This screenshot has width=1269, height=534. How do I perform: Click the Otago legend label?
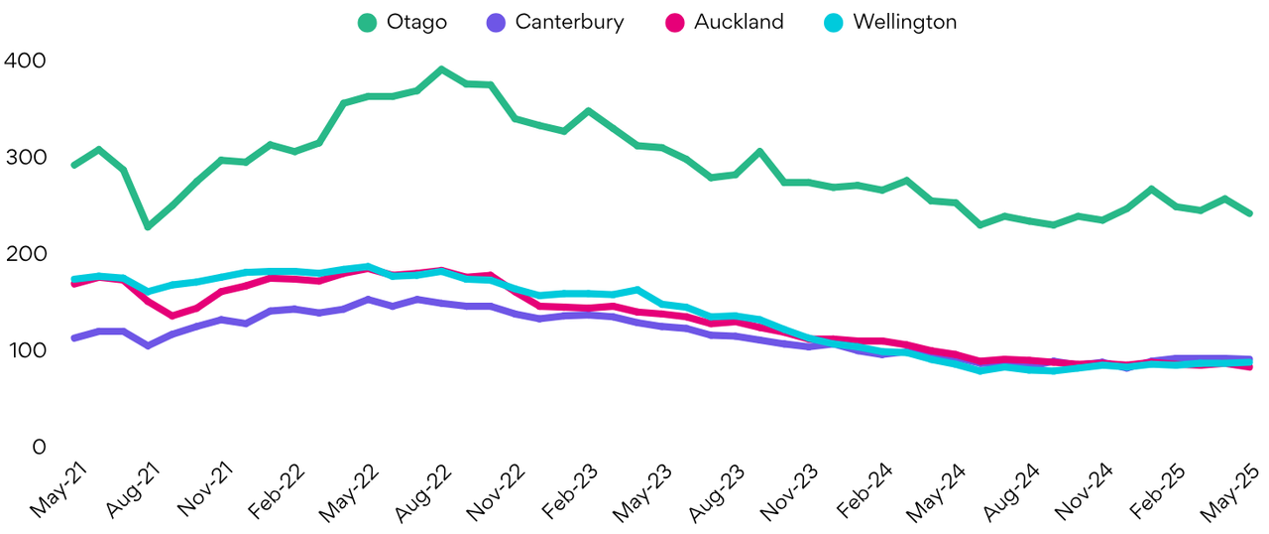coord(417,22)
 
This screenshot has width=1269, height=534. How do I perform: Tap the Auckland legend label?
coord(739,22)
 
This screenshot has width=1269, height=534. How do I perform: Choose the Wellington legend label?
coord(903,22)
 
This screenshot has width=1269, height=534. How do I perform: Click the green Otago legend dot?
coord(369,22)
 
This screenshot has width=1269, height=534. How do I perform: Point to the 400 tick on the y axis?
coord(25,61)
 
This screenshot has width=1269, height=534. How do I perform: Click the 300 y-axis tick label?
coord(25,157)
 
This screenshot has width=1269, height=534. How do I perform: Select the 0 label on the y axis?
coord(38,448)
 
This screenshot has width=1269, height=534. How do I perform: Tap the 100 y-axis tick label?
coord(25,350)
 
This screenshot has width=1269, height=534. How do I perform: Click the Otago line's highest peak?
coord(441,69)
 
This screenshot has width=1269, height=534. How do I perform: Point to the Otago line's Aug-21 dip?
coord(148,226)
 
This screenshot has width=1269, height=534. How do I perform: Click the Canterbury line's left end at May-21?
coord(74,338)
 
